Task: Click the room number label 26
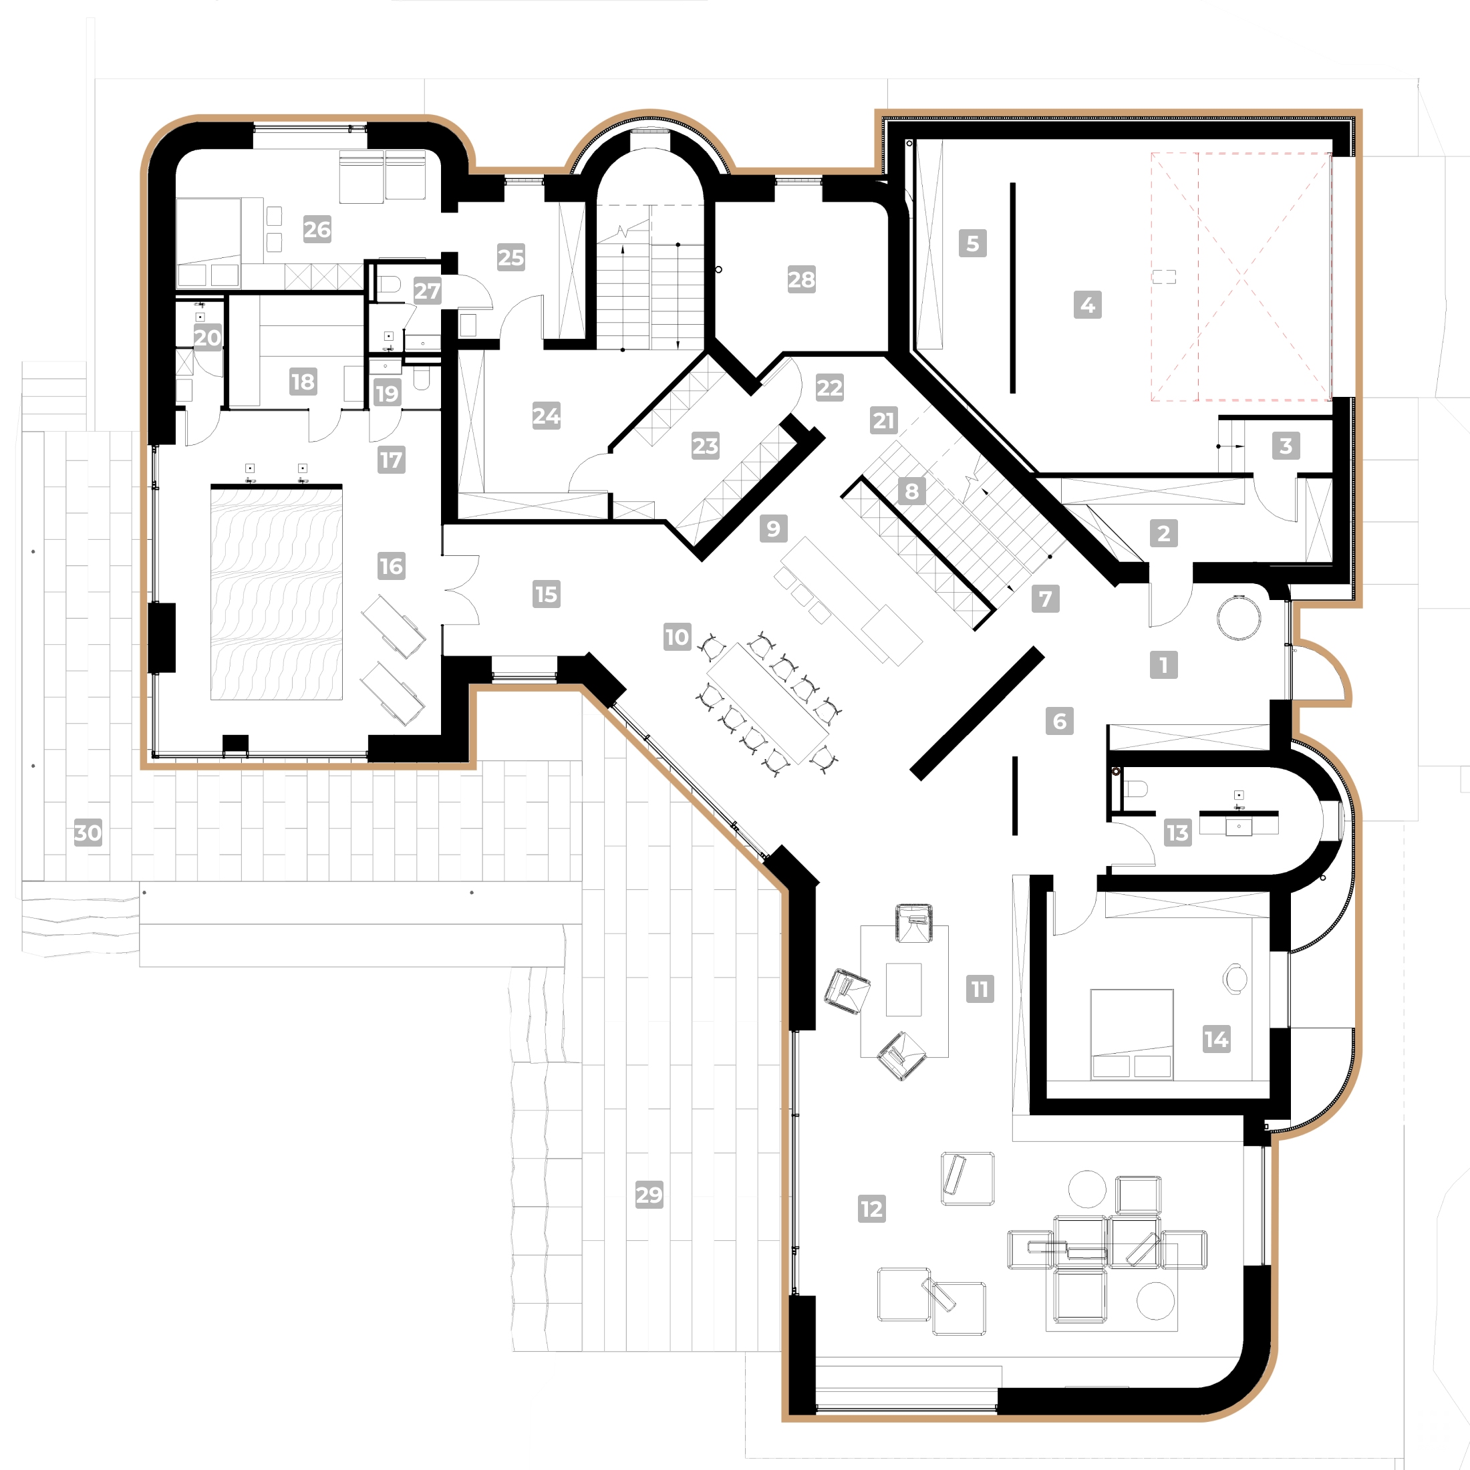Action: point(317,229)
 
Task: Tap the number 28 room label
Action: point(801,279)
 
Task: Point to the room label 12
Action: point(871,1208)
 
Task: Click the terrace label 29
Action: point(649,1195)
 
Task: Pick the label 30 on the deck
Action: point(88,833)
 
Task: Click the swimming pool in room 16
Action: point(276,593)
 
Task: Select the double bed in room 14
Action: point(1131,1033)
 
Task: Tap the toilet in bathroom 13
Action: point(1135,788)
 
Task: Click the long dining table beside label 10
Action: point(767,703)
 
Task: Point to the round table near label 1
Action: point(1238,617)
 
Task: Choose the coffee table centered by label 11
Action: point(903,989)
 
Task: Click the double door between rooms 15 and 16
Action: point(461,590)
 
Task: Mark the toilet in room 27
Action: point(390,285)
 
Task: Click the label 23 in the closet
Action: point(704,445)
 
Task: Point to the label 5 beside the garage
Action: point(972,243)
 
